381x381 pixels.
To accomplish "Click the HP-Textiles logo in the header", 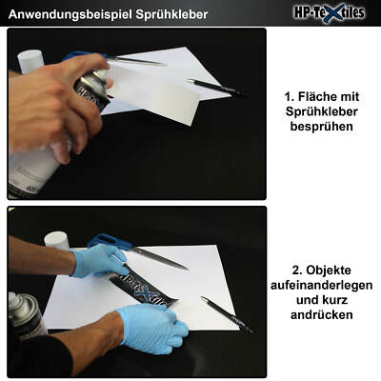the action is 329,13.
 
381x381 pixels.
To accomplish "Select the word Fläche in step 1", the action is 317,96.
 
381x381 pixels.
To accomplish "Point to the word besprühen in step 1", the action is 322,127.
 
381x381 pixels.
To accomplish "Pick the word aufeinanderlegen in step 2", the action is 322,285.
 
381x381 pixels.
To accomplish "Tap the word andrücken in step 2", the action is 322,315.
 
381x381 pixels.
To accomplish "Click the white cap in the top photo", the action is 30,61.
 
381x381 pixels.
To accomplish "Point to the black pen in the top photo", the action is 216,88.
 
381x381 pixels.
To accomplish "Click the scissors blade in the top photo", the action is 136,60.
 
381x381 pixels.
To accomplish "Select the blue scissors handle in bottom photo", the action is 110,242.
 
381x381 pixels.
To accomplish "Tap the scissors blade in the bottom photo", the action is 160,259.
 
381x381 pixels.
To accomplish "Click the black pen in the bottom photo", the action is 227,314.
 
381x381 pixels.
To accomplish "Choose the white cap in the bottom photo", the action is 57,241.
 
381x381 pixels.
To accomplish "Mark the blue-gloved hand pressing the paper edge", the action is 153,328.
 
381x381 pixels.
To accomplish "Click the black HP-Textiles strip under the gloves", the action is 144,289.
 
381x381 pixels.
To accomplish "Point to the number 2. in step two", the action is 297,271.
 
